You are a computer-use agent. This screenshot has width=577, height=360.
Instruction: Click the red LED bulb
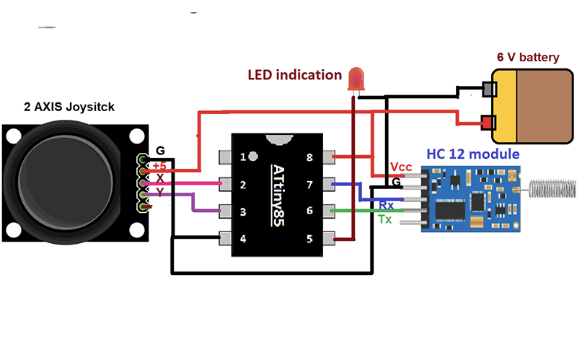tap(356, 78)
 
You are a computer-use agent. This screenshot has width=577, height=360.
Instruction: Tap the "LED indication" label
tap(294, 74)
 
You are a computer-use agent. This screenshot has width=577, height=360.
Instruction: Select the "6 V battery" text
tap(528, 56)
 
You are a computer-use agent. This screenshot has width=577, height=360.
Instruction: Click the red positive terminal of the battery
tap(488, 121)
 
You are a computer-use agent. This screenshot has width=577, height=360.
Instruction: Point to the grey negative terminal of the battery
tap(488, 89)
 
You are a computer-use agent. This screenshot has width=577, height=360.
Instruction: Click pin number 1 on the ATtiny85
tap(244, 157)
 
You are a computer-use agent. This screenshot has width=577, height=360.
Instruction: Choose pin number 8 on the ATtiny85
tap(309, 157)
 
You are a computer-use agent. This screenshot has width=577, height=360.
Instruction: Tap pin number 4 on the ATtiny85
tap(244, 238)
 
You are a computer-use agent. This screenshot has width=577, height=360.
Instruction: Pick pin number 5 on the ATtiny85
tap(309, 238)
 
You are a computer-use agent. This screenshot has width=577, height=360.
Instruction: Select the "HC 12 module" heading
tap(472, 154)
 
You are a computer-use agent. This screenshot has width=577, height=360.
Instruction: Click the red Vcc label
tap(401, 167)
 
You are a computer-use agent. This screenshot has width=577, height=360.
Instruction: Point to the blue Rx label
tap(386, 206)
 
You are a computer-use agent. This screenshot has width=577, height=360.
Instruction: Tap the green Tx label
tap(385, 218)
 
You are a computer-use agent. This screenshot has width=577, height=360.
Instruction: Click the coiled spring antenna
tap(552, 188)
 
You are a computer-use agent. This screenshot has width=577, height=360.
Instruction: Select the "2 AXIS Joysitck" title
tap(69, 107)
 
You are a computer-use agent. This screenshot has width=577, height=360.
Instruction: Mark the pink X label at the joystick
tap(159, 177)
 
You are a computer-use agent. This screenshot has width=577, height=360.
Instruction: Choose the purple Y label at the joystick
tap(159, 192)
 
